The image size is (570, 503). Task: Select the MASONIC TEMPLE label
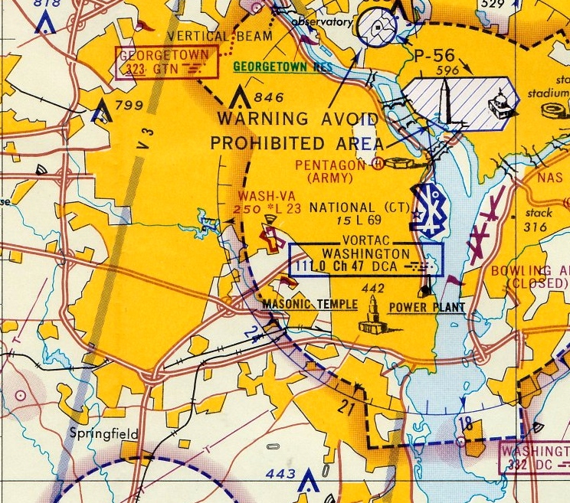310,305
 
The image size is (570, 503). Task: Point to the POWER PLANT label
427,308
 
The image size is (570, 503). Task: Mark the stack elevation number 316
536,227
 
